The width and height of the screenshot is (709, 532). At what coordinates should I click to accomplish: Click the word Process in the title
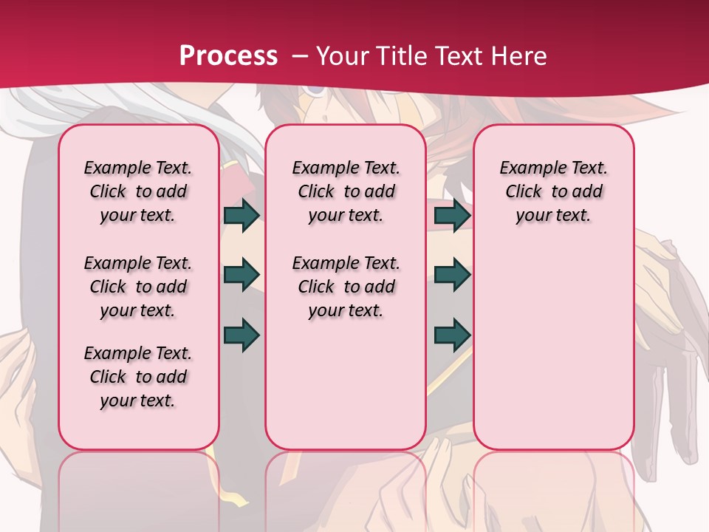pyautogui.click(x=229, y=55)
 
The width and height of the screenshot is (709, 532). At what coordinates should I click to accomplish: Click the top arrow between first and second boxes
pyautogui.click(x=242, y=216)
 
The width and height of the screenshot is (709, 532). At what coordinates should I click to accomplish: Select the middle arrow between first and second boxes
pyautogui.click(x=242, y=275)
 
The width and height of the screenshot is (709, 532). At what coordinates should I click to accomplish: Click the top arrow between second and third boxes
pyautogui.click(x=452, y=216)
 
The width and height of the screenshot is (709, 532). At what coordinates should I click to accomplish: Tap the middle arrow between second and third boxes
pyautogui.click(x=452, y=275)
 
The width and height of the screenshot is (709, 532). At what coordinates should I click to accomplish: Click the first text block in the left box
pyautogui.click(x=138, y=191)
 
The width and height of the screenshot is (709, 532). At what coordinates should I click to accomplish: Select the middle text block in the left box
pyautogui.click(x=138, y=287)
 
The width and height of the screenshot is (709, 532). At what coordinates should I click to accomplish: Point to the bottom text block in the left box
pyautogui.click(x=138, y=377)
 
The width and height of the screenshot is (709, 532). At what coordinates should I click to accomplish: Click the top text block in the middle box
pyautogui.click(x=346, y=191)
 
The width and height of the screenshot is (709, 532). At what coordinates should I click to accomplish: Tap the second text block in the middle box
pyautogui.click(x=346, y=287)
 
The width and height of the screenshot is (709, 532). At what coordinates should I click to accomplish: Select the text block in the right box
pyautogui.click(x=553, y=191)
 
